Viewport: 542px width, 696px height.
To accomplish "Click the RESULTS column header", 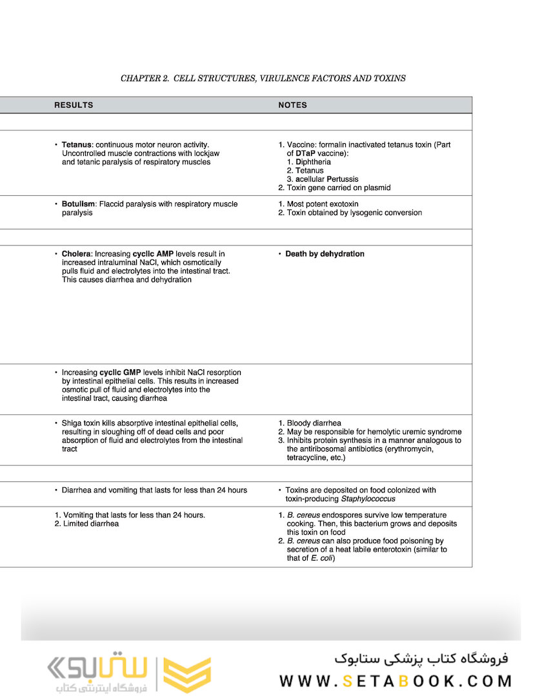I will coord(74,105).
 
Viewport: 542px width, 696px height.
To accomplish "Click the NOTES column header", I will coord(292,105).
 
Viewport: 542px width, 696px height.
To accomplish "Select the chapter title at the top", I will coord(263,79).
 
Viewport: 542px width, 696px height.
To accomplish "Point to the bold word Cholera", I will coord(77,254).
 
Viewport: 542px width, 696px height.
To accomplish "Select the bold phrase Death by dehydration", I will coord(325,254).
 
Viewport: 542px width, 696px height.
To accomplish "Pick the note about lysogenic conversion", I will coord(354,213).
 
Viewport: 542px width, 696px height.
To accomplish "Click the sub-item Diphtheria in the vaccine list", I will coord(313,162).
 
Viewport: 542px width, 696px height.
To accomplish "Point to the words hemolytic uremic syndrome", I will coord(418,432).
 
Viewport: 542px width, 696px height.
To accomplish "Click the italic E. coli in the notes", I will coord(321,558).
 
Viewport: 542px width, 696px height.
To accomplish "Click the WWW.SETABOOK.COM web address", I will coord(396,681).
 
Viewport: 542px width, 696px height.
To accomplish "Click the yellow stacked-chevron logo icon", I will coord(186,675).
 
